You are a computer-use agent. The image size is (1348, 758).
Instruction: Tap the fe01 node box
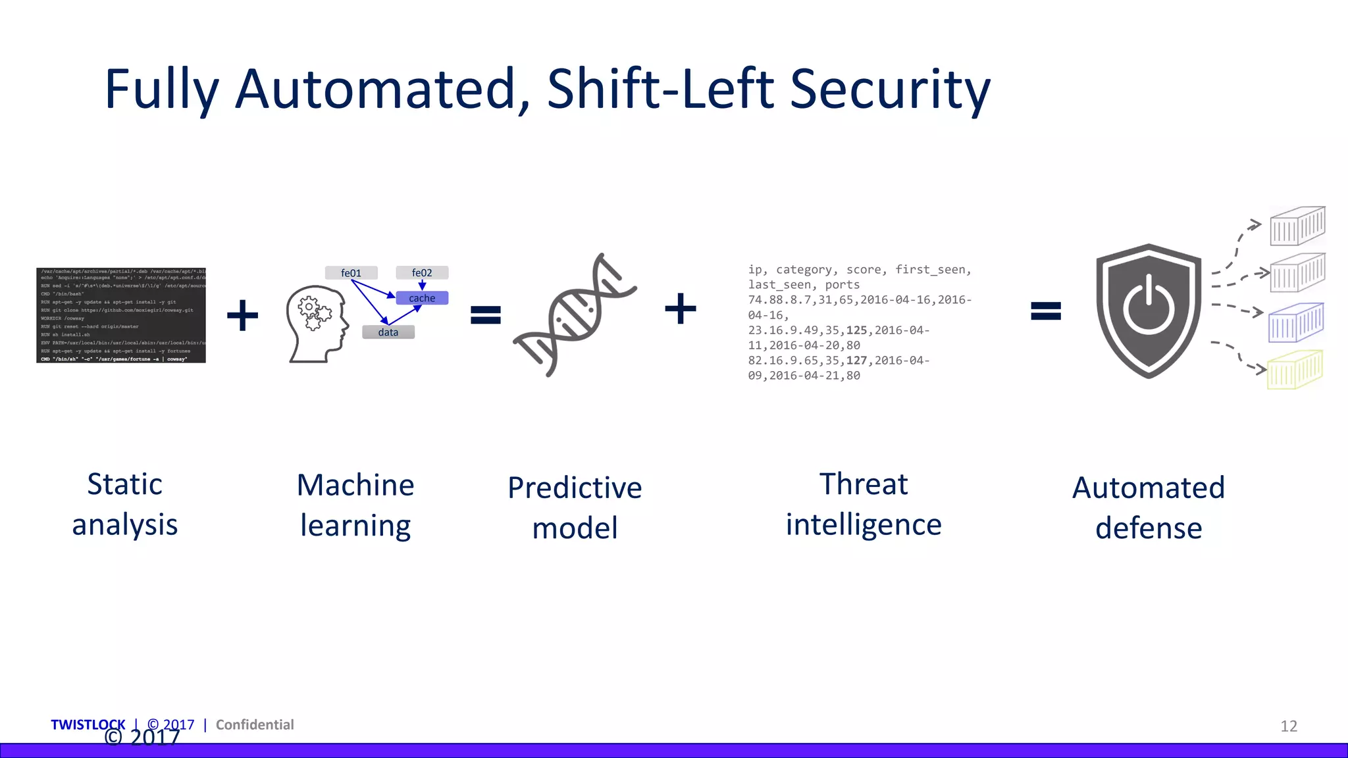351,273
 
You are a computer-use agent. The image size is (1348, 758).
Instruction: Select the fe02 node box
422,273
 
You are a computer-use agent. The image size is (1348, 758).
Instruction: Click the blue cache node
422,298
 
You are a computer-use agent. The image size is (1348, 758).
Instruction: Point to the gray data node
388,332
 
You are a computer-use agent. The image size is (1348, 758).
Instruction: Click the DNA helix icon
574,315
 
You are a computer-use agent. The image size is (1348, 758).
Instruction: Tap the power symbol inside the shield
1149,306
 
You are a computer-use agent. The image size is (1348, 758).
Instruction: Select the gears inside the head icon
314,313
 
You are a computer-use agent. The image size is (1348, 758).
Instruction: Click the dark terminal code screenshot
121,315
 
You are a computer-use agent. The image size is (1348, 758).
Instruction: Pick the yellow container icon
1295,370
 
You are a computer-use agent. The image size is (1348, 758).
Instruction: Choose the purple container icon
1295,322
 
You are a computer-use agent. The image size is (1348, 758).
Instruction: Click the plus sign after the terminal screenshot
242,315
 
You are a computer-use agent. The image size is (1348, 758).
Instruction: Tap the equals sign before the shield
1045,310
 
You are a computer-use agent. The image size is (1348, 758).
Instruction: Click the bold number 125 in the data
856,330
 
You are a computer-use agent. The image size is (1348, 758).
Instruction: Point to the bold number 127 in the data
856,361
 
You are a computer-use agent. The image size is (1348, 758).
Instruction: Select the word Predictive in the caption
575,488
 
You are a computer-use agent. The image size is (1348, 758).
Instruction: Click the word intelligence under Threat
864,525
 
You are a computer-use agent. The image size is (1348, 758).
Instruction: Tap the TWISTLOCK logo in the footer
88,724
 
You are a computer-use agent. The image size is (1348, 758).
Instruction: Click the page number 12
1288,726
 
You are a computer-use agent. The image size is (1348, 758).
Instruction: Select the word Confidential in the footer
255,724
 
